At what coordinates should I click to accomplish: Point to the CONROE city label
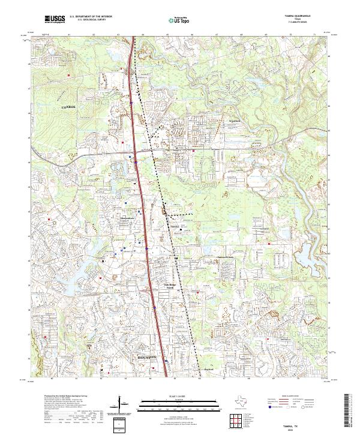[x=70, y=106]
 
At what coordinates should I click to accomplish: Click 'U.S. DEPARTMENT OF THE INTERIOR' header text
[x=91, y=17]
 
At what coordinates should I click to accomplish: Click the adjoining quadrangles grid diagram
[x=236, y=420]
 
